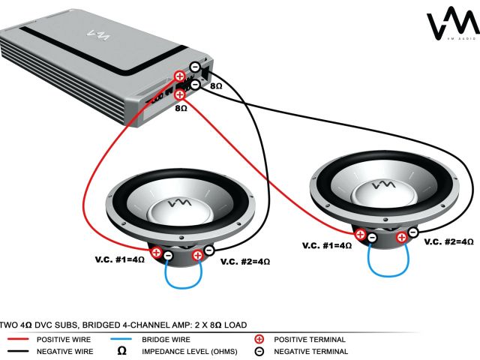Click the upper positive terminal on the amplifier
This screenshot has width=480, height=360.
point(180,76)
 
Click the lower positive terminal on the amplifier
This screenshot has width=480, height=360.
point(180,94)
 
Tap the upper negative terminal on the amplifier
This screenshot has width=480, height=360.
point(195,67)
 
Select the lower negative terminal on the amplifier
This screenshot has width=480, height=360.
point(195,85)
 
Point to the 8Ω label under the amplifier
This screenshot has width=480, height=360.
point(181,108)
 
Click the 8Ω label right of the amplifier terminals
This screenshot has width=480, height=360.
point(216,86)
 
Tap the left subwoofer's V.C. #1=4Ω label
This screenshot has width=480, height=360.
point(119,259)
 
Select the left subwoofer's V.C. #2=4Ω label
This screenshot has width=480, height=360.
point(245,262)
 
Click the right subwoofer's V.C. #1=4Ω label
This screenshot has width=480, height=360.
point(327,245)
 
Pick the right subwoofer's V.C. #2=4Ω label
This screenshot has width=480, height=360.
point(449,241)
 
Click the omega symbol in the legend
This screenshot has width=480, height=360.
point(122,350)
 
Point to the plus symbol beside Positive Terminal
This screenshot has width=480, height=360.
point(259,339)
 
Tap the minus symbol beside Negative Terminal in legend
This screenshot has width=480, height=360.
point(259,351)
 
